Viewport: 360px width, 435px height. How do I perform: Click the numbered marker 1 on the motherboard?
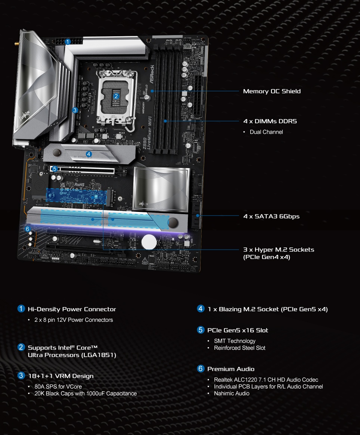point(68,42)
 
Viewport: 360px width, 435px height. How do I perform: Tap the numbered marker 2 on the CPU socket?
point(116,96)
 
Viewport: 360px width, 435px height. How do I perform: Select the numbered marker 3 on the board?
point(75,110)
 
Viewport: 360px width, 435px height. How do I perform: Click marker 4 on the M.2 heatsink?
point(89,154)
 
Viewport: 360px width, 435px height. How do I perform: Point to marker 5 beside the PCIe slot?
point(55,169)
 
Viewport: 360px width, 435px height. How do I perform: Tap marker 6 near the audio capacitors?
point(27,229)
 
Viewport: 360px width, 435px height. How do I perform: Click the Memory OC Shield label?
point(271,91)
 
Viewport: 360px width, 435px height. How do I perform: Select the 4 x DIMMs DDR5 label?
point(270,121)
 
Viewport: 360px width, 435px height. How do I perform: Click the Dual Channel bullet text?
point(266,132)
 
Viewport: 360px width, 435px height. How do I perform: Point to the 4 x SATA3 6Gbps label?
point(271,216)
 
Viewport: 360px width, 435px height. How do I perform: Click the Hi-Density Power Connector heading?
point(72,309)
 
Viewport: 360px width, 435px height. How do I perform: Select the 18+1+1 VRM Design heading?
point(60,376)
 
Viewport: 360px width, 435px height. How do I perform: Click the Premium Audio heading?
point(231,369)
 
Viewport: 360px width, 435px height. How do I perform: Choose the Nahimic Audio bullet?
point(232,393)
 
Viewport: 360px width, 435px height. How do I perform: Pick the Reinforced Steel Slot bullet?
point(239,348)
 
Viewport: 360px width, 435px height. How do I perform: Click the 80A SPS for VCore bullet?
point(58,386)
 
